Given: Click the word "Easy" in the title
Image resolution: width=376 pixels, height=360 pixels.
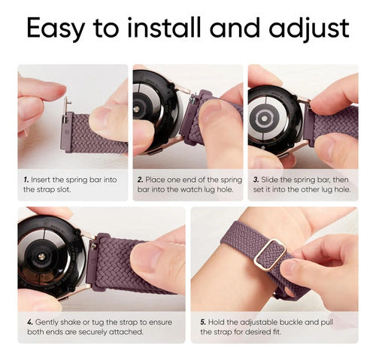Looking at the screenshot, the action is click(55, 28).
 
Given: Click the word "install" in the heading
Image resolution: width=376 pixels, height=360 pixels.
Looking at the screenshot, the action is click(164, 27).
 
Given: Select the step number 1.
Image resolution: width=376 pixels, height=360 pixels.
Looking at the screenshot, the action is click(26, 180).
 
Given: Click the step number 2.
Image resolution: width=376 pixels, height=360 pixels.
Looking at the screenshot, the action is click(140, 180).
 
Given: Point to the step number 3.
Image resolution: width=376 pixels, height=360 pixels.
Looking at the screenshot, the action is click(256, 180).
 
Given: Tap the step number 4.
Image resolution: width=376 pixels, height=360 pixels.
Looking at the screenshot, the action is click(30, 322).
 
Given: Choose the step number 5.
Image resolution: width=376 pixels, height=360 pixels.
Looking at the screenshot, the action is click(203, 322).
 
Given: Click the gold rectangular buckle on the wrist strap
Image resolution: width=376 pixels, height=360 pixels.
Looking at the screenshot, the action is click(270, 253).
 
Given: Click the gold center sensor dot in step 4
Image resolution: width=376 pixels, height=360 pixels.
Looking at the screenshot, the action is click(42, 256).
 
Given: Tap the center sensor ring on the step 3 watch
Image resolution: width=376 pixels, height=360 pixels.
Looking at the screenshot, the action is click(263, 118).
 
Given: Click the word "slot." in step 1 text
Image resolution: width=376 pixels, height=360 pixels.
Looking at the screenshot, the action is click(64, 189).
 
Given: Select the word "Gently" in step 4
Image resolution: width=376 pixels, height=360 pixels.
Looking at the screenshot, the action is click(47, 322).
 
